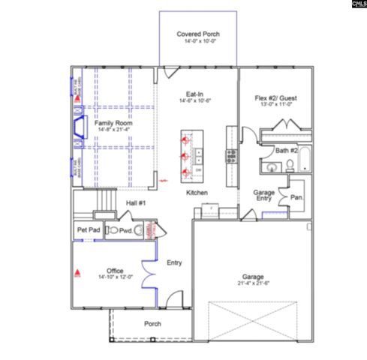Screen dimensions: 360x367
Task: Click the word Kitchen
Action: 197,193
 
